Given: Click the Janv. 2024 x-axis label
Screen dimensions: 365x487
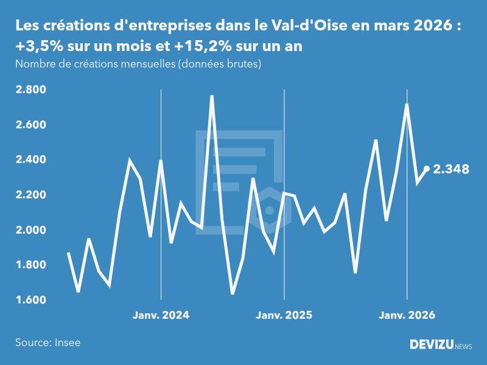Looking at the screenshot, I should tap(161, 315).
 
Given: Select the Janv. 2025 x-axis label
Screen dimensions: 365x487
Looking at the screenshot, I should tap(284, 315).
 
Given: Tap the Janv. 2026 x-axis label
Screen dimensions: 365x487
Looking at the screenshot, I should tap(407, 315).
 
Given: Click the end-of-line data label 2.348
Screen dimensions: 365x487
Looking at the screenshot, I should tap(451, 169).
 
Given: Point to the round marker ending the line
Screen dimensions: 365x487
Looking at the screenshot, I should tap(427, 169).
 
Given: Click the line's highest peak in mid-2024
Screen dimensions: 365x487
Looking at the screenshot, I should tap(212, 96).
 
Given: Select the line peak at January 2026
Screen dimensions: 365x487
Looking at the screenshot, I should tap(407, 105).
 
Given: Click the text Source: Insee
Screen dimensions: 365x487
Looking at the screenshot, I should tap(47, 342).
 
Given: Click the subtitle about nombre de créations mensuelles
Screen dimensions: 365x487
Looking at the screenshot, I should tap(138, 64).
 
